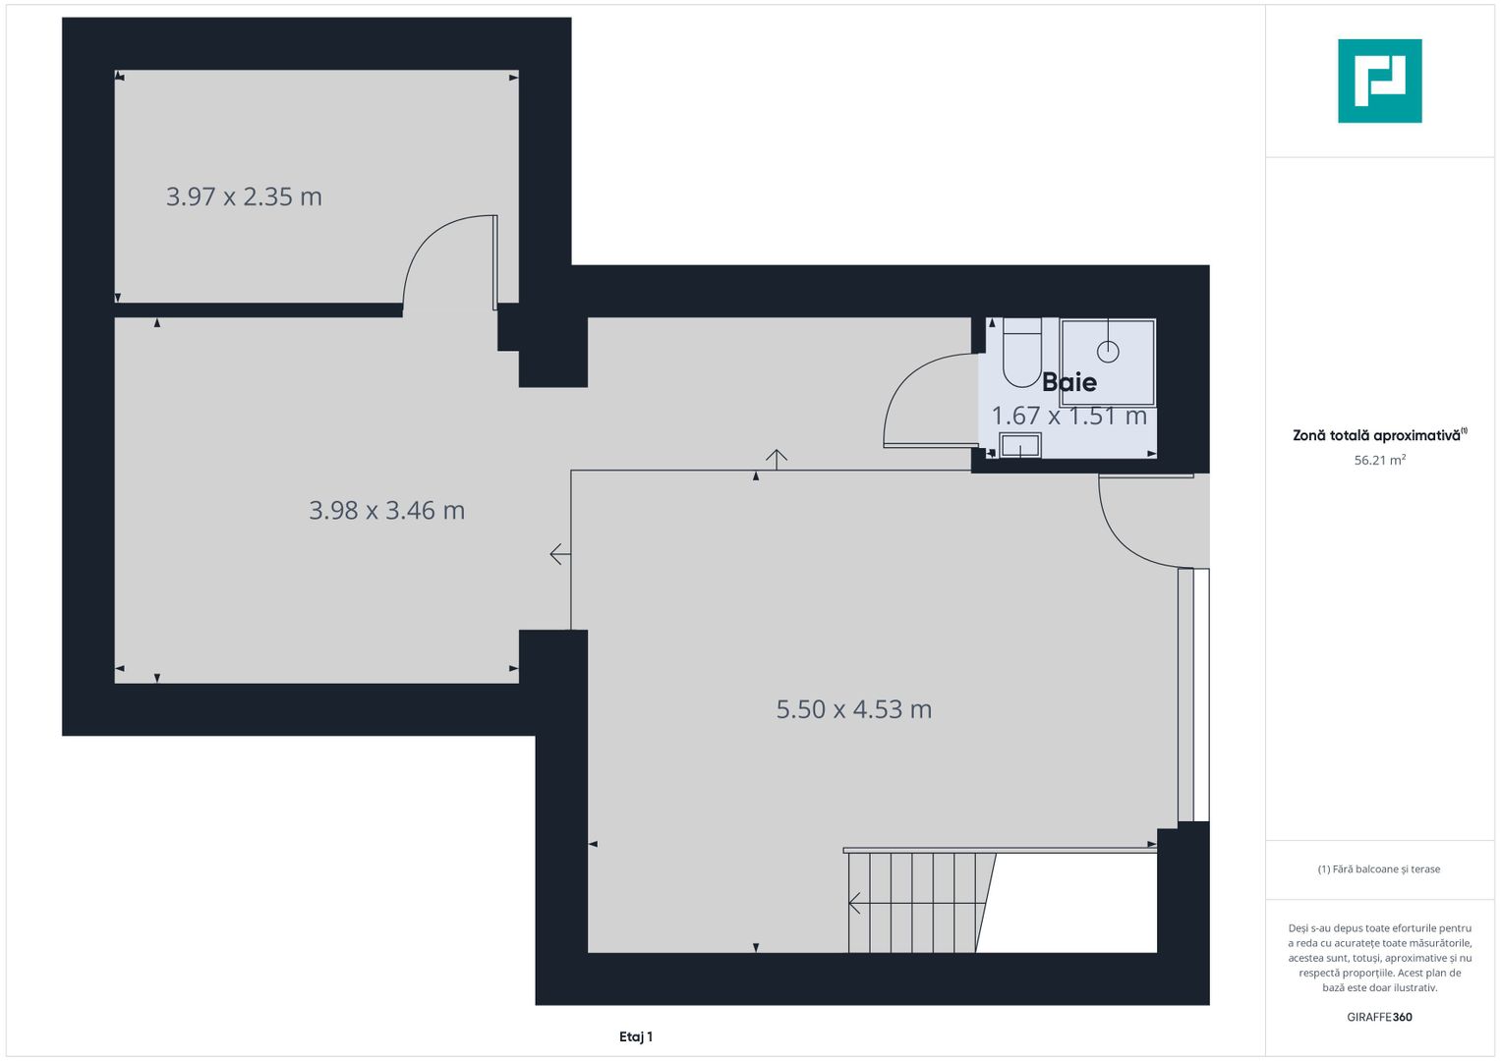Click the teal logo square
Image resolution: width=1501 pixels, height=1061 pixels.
click(1380, 81)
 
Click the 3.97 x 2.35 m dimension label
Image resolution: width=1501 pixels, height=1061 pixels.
click(244, 196)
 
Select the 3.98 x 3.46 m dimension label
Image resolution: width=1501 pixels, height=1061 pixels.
click(386, 511)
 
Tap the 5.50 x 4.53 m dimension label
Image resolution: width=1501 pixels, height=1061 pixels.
click(853, 709)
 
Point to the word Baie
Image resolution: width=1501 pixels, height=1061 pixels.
click(1069, 382)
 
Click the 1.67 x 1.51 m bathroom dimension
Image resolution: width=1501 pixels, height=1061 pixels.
click(1068, 416)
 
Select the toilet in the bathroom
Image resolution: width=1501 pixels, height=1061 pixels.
click(1022, 353)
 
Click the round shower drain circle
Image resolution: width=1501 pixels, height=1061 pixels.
click(1108, 351)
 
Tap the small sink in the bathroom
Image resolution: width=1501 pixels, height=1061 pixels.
click(1020, 445)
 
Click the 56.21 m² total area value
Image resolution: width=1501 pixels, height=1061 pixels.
click(1380, 460)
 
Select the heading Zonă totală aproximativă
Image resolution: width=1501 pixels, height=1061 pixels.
click(1380, 435)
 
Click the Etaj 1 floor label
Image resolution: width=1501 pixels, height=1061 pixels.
click(636, 1036)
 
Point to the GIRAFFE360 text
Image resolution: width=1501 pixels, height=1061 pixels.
click(1380, 1017)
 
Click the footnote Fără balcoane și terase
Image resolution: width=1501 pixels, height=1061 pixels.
click(1379, 869)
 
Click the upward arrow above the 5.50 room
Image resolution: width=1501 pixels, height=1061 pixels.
click(777, 460)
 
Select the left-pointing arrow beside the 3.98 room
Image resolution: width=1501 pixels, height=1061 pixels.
click(560, 554)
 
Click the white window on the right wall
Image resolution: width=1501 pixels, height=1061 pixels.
click(1201, 695)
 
